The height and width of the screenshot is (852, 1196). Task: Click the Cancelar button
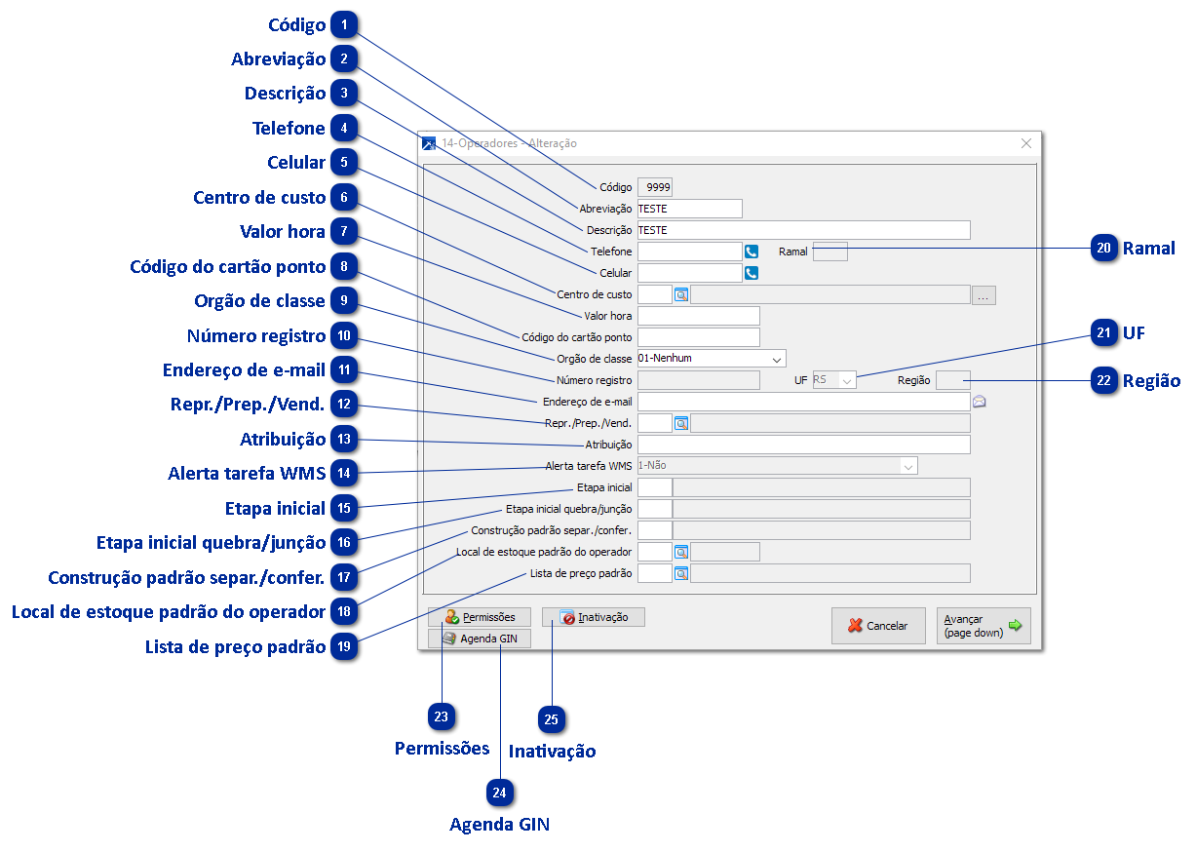pyautogui.click(x=878, y=626)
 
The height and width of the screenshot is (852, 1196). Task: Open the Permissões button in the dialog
pyautogui.click(x=479, y=617)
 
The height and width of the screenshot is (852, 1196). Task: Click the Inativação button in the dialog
pyautogui.click(x=594, y=617)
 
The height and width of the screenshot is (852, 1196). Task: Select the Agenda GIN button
pyautogui.click(x=480, y=639)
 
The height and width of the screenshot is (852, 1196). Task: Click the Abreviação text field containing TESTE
pyautogui.click(x=689, y=209)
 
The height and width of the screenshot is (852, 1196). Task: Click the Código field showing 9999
pyautogui.click(x=654, y=187)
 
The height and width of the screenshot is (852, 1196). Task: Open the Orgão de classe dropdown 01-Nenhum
pyautogui.click(x=711, y=358)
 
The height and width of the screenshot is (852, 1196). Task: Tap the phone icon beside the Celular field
pyautogui.click(x=752, y=273)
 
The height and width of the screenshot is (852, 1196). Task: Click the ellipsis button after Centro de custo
pyautogui.click(x=984, y=294)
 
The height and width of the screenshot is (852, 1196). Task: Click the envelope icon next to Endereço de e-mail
pyautogui.click(x=980, y=401)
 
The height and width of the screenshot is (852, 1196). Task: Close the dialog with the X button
pyautogui.click(x=1025, y=143)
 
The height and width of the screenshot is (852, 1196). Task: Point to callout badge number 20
pyautogui.click(x=1103, y=249)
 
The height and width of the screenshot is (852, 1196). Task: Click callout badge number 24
pyautogui.click(x=499, y=793)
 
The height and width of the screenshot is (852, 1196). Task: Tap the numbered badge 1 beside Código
pyautogui.click(x=344, y=25)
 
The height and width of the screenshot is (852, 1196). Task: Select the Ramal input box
pyautogui.click(x=829, y=252)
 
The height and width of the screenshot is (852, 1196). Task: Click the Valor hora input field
pyautogui.click(x=698, y=316)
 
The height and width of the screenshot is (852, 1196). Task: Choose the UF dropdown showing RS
pyautogui.click(x=834, y=380)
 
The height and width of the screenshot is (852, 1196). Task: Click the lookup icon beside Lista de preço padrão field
pyautogui.click(x=681, y=573)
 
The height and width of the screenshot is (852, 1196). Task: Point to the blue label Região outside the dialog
pyautogui.click(x=1151, y=381)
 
